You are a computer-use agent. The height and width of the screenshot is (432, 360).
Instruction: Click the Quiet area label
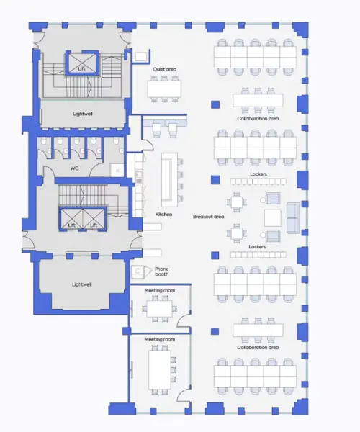[x=165, y=69]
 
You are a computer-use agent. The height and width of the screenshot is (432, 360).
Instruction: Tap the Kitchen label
[x=164, y=214]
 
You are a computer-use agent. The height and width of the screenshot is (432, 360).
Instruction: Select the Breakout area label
[x=208, y=217]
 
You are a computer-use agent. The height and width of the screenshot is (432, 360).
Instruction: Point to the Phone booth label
[x=162, y=271]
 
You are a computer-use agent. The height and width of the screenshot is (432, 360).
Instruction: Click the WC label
[x=74, y=168]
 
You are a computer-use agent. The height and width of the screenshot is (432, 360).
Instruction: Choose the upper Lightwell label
[x=82, y=113]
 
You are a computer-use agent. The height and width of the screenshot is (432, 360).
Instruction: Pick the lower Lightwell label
[x=82, y=284]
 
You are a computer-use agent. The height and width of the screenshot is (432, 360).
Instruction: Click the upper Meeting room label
[x=159, y=291]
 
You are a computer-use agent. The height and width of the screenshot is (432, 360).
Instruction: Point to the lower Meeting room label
[x=159, y=338]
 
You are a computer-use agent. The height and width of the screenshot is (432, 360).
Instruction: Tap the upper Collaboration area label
[x=258, y=118]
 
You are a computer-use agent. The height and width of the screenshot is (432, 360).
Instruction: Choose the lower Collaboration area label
[x=258, y=347]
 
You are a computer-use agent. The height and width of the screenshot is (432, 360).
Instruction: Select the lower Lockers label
[x=258, y=247]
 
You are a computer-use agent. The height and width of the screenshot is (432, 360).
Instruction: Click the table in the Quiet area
[x=164, y=87]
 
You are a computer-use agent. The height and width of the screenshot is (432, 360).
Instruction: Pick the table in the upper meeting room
[x=159, y=308]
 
